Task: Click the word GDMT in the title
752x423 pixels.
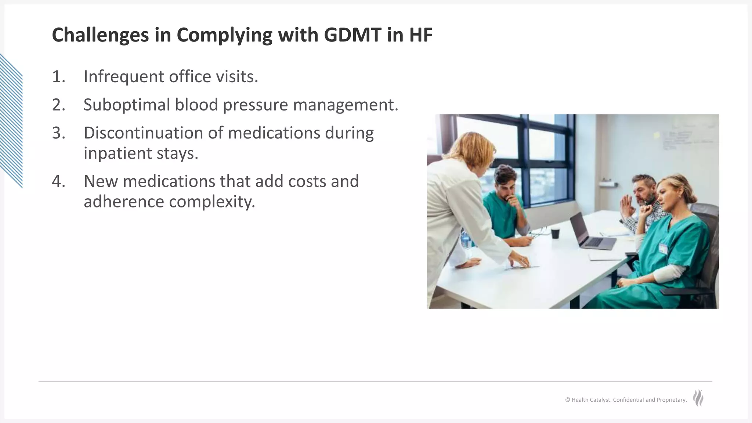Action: tap(352, 35)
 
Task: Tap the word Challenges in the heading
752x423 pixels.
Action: tap(100, 35)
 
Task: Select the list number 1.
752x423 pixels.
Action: tap(58, 77)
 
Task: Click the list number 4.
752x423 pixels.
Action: tap(58, 181)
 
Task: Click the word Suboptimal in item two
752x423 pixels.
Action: tap(126, 105)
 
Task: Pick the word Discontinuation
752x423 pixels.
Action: tap(143, 133)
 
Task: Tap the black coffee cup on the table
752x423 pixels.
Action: tap(555, 234)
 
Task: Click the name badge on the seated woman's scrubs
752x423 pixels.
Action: tap(663, 249)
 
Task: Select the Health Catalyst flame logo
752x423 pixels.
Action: tap(698, 398)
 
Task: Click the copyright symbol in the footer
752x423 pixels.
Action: tap(567, 400)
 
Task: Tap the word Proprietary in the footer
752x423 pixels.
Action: tap(672, 400)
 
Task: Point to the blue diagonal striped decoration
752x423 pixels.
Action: tap(11, 121)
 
